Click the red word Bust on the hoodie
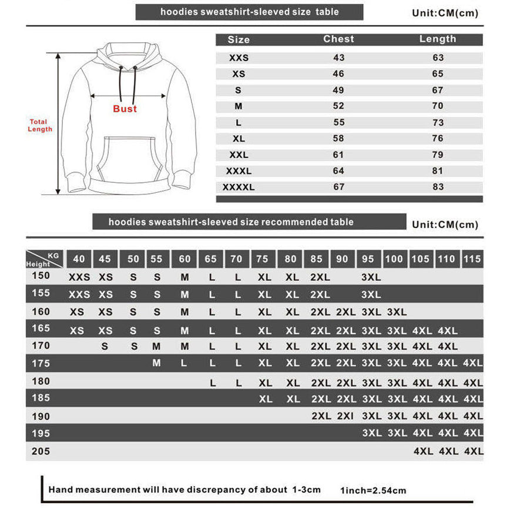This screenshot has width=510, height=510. pyautogui.click(x=125, y=109)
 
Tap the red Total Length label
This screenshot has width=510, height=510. pyautogui.click(x=40, y=126)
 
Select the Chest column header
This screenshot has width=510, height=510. pyautogui.click(x=339, y=39)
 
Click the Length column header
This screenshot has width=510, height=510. pyautogui.click(x=438, y=39)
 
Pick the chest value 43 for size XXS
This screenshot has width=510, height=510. pyautogui.click(x=339, y=58)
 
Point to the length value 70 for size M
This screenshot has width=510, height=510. pyautogui.click(x=438, y=106)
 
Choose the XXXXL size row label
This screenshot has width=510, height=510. pyautogui.click(x=239, y=187)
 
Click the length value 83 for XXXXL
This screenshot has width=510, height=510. pyautogui.click(x=438, y=187)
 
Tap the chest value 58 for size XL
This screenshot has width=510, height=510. pyautogui.click(x=339, y=139)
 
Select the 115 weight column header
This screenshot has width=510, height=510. pyautogui.click(x=472, y=259)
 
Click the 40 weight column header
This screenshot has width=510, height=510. pyautogui.click(x=79, y=259)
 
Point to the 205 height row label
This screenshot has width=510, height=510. pyautogui.click(x=41, y=452)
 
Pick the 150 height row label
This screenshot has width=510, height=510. pyautogui.click(x=41, y=276)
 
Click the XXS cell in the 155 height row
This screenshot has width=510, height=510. pyautogui.click(x=79, y=294)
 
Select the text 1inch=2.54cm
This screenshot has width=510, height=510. pyautogui.click(x=373, y=491)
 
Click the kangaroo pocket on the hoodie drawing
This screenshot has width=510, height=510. pyautogui.click(x=126, y=159)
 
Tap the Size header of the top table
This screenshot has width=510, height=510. pyautogui.click(x=239, y=39)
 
